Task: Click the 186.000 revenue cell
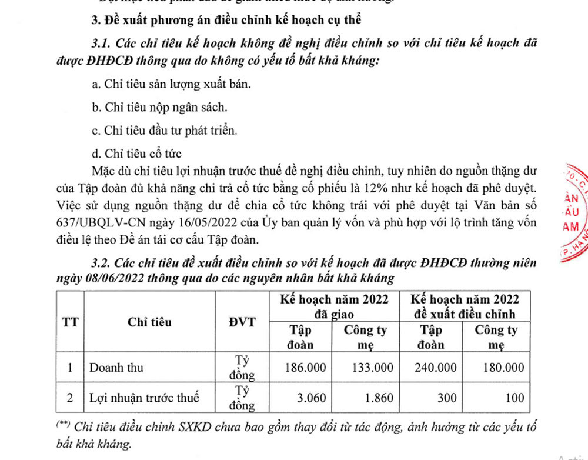point(305,368)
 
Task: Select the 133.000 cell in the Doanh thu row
point(372,368)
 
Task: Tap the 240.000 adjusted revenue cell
point(436,368)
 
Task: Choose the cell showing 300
point(447,398)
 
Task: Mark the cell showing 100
point(514,398)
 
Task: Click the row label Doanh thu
point(116,368)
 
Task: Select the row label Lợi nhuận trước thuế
point(144,398)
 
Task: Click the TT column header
point(70,322)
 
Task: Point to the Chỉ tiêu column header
point(149,322)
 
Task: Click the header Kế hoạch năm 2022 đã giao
point(334,306)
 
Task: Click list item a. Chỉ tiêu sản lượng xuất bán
point(172,84)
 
